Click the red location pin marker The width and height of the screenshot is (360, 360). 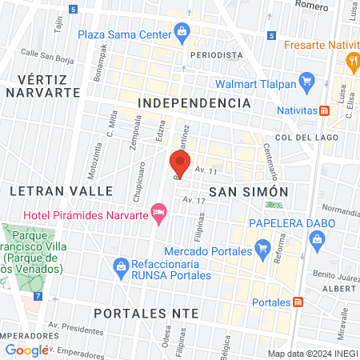pyautogui.click(x=179, y=164)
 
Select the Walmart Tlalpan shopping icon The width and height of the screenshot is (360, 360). pyautogui.click(x=306, y=80)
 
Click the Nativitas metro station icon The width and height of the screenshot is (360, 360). pyautogui.click(x=325, y=110)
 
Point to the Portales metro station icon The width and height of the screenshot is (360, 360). pyautogui.click(x=298, y=302)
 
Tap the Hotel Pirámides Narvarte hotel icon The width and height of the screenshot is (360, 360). pyautogui.click(x=158, y=212)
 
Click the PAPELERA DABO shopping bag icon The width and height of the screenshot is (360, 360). pyautogui.click(x=318, y=238)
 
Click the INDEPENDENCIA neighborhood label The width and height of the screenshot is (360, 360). pyautogui.click(x=194, y=103)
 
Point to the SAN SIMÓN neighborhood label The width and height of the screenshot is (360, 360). pyautogui.click(x=247, y=191)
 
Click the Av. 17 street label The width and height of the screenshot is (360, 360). pyautogui.click(x=190, y=199)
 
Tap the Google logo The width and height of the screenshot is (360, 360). pyautogui.click(x=26, y=350)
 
